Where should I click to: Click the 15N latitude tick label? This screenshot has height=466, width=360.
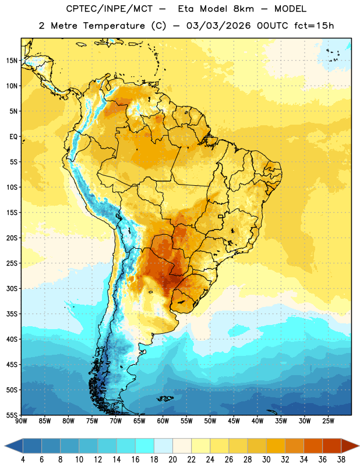12,61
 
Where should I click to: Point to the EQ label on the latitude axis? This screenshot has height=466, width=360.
13,137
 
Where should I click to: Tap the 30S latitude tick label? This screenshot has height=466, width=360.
12,288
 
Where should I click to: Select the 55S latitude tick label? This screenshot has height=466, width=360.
12,415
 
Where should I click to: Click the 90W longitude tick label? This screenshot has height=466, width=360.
22,421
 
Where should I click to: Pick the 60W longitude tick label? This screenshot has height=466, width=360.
163,421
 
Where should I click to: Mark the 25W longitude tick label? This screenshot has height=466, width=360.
328,421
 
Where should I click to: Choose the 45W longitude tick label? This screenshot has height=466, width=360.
234,421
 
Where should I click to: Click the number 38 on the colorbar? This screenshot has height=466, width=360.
341,459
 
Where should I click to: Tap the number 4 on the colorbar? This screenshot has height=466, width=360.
23,459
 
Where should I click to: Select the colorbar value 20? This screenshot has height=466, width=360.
172,459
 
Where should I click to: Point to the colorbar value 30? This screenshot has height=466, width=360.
266,459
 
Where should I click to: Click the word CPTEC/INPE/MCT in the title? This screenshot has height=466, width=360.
109,9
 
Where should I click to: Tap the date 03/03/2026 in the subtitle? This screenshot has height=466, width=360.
218,26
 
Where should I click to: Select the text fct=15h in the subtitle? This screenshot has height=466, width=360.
314,26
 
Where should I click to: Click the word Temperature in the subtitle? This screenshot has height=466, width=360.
114,26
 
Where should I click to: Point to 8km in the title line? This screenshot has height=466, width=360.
243,9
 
